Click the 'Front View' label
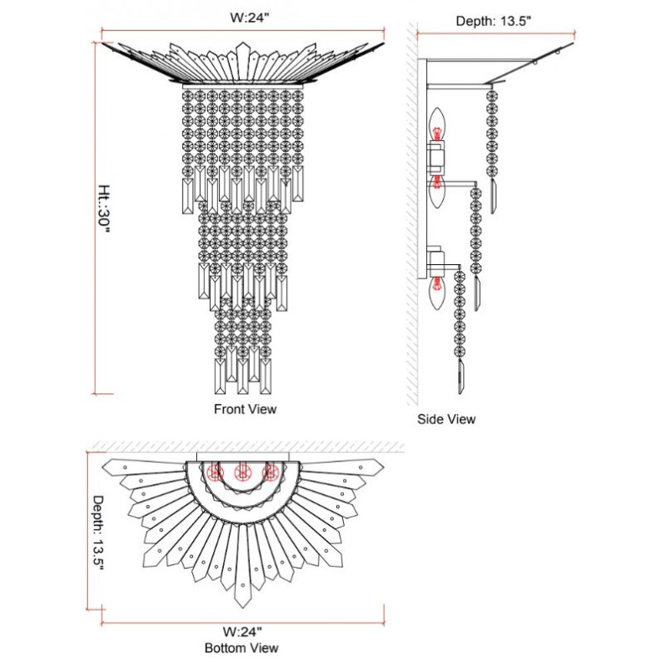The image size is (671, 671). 245,409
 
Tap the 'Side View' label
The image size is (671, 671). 446,419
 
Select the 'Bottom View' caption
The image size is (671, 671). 242,648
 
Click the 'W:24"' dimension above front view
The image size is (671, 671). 249,18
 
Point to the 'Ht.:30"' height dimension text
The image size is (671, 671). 104,209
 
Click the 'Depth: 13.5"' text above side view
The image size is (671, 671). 493,20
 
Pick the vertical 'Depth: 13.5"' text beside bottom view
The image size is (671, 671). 98,533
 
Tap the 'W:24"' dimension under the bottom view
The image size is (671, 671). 242,632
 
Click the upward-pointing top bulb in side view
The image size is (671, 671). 436,125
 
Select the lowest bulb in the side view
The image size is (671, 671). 436,294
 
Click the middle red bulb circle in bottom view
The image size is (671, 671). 242,472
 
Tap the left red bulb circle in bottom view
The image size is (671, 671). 216,472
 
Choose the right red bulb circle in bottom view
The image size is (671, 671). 269,472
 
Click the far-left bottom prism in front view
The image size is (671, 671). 220,377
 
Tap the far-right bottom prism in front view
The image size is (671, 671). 265,377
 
